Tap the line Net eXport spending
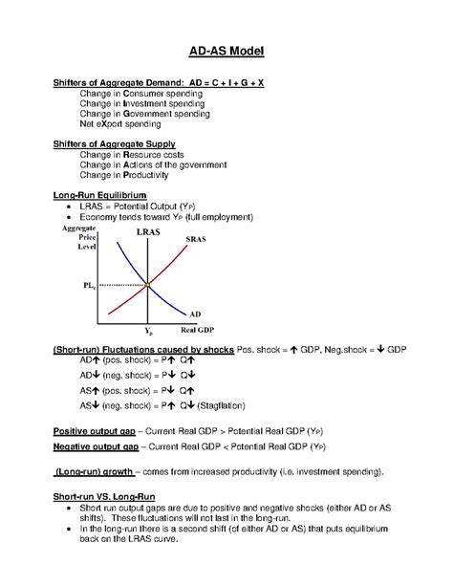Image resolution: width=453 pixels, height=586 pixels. (120, 123)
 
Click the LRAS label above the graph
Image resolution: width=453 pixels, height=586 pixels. (148, 232)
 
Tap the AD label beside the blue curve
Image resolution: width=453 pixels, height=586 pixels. (195, 313)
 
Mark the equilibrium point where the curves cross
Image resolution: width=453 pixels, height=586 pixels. (148, 284)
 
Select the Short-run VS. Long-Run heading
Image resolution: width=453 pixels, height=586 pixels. (102, 498)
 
